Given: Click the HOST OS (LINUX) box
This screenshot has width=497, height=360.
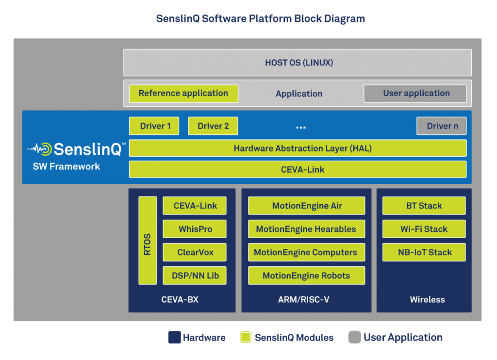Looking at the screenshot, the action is pyautogui.click(x=298, y=63).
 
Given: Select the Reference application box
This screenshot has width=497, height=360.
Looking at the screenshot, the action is pyautogui.click(x=183, y=94).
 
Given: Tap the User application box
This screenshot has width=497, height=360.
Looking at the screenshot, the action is pyautogui.click(x=415, y=94).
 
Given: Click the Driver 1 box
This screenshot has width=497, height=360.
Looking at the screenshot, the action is pyautogui.click(x=154, y=126).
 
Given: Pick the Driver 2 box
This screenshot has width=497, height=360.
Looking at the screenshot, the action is pyautogui.click(x=213, y=126).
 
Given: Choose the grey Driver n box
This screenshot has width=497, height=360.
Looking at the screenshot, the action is pyautogui.click(x=442, y=126).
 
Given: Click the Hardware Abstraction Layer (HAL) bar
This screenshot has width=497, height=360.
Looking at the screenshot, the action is pyautogui.click(x=298, y=148).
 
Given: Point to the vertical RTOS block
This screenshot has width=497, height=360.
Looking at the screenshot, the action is pyautogui.click(x=148, y=241).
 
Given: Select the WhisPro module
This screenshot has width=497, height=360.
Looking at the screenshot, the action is pyautogui.click(x=195, y=229).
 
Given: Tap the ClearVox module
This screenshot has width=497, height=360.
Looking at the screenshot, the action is pyautogui.click(x=195, y=252).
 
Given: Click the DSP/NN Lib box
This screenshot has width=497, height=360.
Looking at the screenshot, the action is pyautogui.click(x=195, y=276).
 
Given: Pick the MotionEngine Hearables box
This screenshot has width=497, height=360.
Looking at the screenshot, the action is pyautogui.click(x=307, y=229).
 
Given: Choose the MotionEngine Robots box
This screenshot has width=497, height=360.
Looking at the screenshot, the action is pyautogui.click(x=307, y=276).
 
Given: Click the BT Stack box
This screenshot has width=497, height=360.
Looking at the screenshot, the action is pyautogui.click(x=424, y=206).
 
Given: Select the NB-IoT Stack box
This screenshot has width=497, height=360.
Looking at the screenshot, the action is pyautogui.click(x=424, y=252).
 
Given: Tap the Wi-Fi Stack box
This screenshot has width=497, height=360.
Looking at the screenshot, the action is pyautogui.click(x=424, y=229).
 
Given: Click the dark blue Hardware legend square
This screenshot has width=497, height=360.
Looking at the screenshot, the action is pyautogui.click(x=174, y=337).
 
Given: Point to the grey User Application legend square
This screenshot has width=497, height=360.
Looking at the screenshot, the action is pyautogui.click(x=354, y=337).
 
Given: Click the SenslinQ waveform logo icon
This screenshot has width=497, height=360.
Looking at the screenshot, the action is pyautogui.click(x=40, y=149).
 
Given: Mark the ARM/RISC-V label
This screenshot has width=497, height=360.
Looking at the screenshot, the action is pyautogui.click(x=304, y=299).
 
